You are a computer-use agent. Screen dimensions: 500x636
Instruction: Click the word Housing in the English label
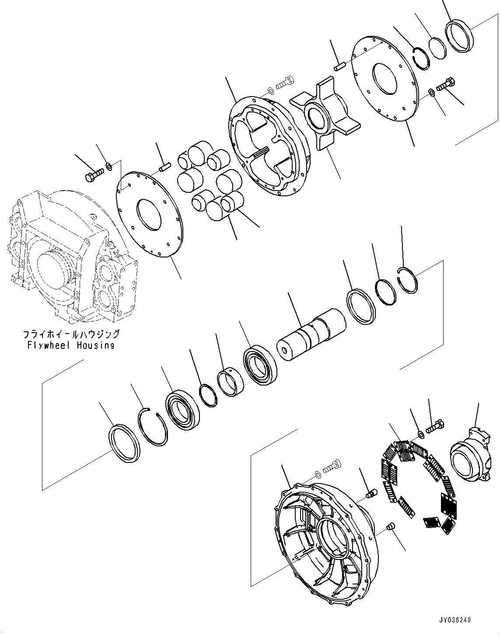95,345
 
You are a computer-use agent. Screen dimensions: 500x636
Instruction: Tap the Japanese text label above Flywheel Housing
71,334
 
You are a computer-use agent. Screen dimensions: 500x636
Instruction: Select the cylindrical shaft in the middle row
311,334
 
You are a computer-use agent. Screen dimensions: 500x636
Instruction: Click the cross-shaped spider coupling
325,113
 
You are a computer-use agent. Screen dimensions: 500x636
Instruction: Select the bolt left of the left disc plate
94,175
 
